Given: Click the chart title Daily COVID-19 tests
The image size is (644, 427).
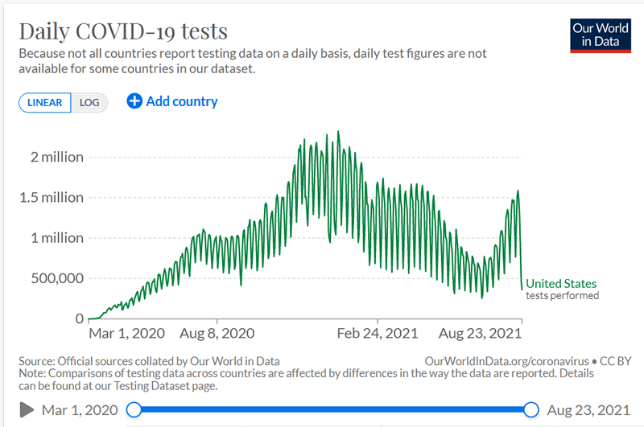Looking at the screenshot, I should pyautogui.click(x=123, y=31).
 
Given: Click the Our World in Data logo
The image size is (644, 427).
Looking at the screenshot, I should pyautogui.click(x=600, y=34).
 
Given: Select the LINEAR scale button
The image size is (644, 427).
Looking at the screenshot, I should pyautogui.click(x=45, y=103).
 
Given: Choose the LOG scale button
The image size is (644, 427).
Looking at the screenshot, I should pyautogui.click(x=89, y=103).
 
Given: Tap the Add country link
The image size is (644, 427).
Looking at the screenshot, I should pyautogui.click(x=172, y=101).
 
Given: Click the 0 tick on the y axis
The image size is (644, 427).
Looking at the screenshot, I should pyautogui.click(x=79, y=318).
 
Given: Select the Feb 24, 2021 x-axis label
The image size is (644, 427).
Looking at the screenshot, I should pyautogui.click(x=378, y=333).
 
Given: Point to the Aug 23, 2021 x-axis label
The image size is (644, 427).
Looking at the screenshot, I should pyautogui.click(x=480, y=333).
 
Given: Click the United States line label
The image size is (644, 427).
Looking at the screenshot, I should pyautogui.click(x=561, y=283).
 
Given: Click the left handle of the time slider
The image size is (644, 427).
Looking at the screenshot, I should pyautogui.click(x=134, y=409).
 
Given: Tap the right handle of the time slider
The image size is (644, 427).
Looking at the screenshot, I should pyautogui.click(x=531, y=409).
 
